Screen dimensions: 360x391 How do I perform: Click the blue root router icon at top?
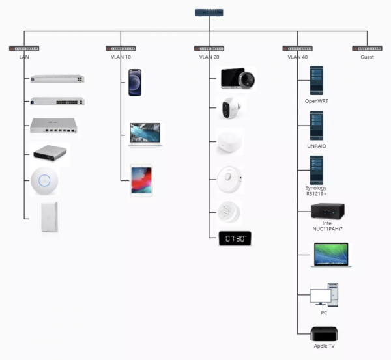pos(209,12)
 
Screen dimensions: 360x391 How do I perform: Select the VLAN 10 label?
pos(121,57)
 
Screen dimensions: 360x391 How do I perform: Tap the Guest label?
pos(368,57)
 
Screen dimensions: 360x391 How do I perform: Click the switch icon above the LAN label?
pos(24,49)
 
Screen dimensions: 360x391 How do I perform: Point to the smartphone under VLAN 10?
pos(135,83)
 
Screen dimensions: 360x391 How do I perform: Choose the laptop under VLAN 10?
pos(145,133)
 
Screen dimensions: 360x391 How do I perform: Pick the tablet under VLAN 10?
pos(141,180)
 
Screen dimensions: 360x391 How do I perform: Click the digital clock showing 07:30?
pos(235,239)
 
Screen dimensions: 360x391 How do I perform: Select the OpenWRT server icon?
pos(316,81)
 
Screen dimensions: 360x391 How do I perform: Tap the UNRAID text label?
pos(316,146)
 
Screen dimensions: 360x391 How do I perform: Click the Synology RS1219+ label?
pos(316,191)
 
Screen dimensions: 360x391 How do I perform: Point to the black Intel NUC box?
pos(327,212)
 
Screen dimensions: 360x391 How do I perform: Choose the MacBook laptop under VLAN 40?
pos(331,255)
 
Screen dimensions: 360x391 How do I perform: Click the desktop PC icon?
pos(324,295)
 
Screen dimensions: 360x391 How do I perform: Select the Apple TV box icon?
pos(324,335)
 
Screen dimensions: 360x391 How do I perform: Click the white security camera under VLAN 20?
pos(231,109)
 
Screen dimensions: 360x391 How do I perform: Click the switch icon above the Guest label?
pos(368,49)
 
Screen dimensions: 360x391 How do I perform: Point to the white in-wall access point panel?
pos(49,217)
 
